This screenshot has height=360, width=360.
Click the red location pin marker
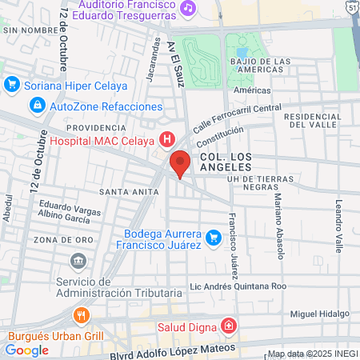coord(180,163)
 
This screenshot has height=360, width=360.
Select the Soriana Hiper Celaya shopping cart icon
coord(12,84)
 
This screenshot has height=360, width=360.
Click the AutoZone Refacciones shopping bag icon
coord(38,106)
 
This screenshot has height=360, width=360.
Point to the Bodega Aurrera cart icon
coord(213,238)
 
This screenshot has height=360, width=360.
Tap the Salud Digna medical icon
coord(229,326)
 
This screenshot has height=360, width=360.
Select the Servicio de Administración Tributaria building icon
coord(78,260)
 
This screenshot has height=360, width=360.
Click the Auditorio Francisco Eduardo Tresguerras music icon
coord(188,7)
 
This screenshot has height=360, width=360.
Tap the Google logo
coord(26,350)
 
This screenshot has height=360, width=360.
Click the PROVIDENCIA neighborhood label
coord(97,127)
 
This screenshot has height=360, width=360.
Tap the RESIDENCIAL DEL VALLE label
coord(314,121)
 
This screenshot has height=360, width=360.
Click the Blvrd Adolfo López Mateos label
coord(174,350)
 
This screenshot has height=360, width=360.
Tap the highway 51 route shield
coord(353,6)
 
